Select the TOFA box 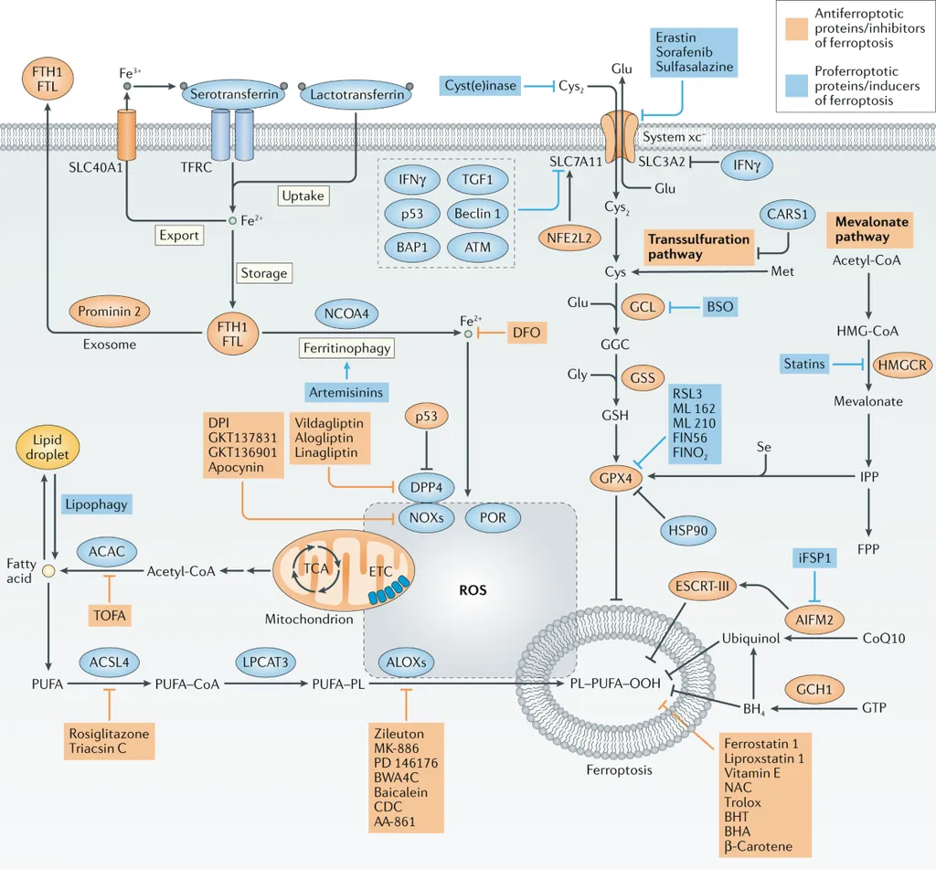coord(110,615)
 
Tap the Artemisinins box coord(346,392)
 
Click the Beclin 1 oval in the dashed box coord(478,213)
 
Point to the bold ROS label coord(473,589)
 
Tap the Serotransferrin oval coord(229,94)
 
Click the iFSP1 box coord(813,556)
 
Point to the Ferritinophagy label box coord(346,347)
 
